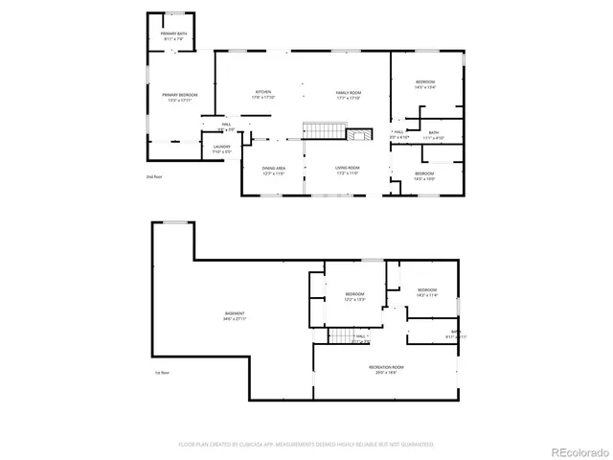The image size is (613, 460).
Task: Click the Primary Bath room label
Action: click(173, 35)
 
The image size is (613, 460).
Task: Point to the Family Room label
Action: click(347, 95)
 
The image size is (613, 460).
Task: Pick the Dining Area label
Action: click(274, 171)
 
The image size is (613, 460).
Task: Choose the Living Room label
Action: click(347, 170)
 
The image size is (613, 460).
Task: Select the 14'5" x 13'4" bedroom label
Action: click(425, 85)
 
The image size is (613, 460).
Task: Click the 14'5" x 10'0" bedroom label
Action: click(424, 175)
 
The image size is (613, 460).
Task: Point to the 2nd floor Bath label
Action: click(434, 135)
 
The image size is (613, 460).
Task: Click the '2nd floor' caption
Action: click(153, 178)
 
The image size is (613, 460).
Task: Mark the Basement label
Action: click(235, 315)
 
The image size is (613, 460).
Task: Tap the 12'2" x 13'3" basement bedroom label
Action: click(354, 296)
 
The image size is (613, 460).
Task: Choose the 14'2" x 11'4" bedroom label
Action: click(426, 291)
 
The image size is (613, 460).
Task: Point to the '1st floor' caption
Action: click(162, 373)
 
